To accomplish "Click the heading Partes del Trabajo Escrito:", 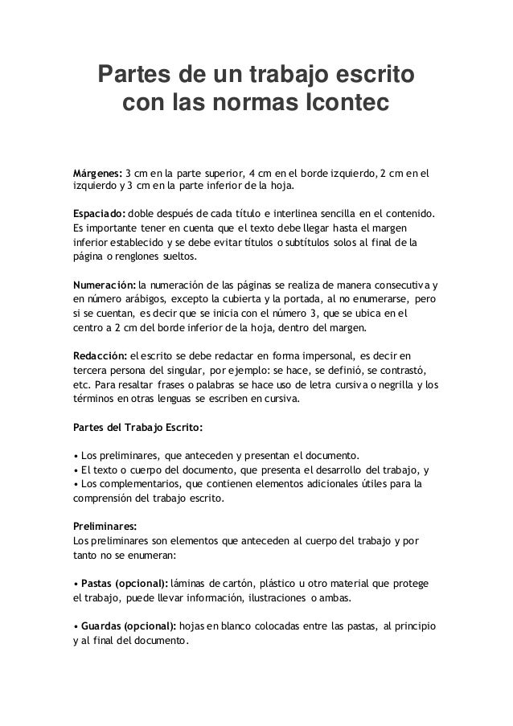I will (x=137, y=425).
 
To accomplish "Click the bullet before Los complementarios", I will (x=75, y=485).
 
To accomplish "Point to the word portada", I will (x=298, y=299).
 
